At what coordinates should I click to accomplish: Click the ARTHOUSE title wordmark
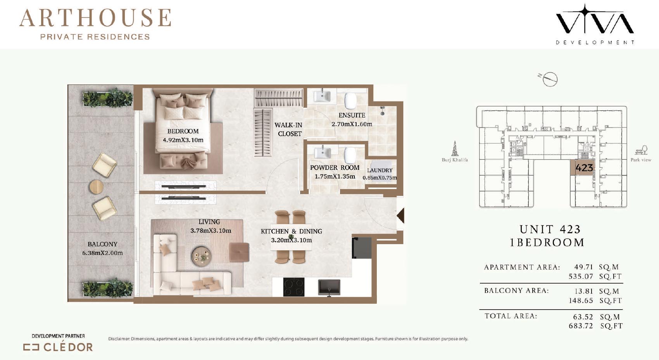pyautogui.click(x=95, y=18)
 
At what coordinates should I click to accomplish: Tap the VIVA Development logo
pyautogui.click(x=595, y=24)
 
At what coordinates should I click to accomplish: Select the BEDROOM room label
pyautogui.click(x=183, y=131)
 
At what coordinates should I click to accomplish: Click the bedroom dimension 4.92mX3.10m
pyautogui.click(x=183, y=140)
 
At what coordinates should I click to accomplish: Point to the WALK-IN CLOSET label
pyautogui.click(x=288, y=129)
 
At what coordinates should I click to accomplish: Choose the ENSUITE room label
pyautogui.click(x=352, y=115)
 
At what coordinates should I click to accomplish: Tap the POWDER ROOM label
pyautogui.click(x=335, y=168)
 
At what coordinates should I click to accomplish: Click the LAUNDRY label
pyautogui.click(x=380, y=170)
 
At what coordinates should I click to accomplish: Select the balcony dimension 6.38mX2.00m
pyautogui.click(x=102, y=253)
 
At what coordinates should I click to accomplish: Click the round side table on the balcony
pyautogui.click(x=96, y=187)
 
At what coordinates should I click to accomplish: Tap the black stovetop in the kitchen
pyautogui.click(x=293, y=287)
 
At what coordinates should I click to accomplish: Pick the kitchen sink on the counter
pyautogui.click(x=329, y=288)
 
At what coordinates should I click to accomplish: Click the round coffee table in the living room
pyautogui.click(x=202, y=256)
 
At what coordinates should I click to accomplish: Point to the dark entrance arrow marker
pyautogui.click(x=400, y=215)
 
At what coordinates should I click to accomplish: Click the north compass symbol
pyautogui.click(x=549, y=79)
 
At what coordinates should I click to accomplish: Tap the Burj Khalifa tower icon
pyautogui.click(x=455, y=148)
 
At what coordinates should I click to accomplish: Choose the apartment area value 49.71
pyautogui.click(x=584, y=267)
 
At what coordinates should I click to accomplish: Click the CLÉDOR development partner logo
pyautogui.click(x=58, y=347)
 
